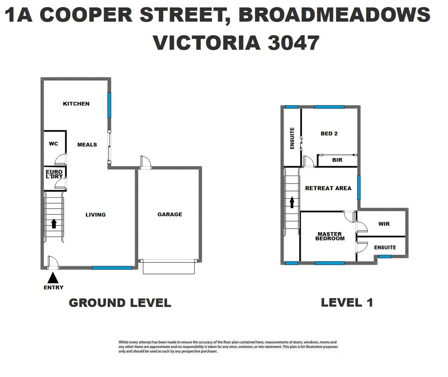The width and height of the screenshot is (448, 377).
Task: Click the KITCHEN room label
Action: pyautogui.click(x=76, y=104)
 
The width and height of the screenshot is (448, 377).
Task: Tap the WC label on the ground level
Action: pyautogui.click(x=53, y=143)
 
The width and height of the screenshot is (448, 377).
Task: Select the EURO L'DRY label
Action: pyautogui.click(x=54, y=174)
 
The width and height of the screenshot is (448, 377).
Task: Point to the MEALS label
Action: pyautogui.click(x=87, y=145)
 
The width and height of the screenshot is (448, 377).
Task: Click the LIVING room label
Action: pyautogui.click(x=96, y=215)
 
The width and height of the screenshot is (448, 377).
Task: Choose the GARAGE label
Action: pyautogui.click(x=170, y=214)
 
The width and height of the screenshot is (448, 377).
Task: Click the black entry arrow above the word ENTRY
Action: pyautogui.click(x=53, y=278)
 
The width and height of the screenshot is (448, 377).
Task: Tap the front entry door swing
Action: pyautogui.click(x=53, y=262)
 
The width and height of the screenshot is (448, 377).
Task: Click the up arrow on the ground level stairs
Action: pyautogui.click(x=54, y=223)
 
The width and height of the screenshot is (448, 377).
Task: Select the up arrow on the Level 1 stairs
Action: pyautogui.click(x=292, y=202)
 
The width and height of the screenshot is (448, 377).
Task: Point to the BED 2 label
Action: pyautogui.click(x=329, y=133)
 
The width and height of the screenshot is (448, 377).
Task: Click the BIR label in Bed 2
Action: pyautogui.click(x=337, y=160)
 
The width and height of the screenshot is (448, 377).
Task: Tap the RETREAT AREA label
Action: pyautogui.click(x=328, y=188)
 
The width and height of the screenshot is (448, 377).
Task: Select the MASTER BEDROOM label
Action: pyautogui.click(x=330, y=236)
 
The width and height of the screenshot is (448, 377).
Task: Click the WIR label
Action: pyautogui.click(x=384, y=224)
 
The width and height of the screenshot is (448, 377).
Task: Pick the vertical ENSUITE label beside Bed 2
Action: pyautogui.click(x=292, y=138)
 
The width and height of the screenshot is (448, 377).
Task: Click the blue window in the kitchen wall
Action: pyautogui.click(x=109, y=105)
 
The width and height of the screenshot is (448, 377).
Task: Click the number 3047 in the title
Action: pyautogui.click(x=293, y=43)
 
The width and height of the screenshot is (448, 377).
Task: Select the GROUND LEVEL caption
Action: pyautogui.click(x=120, y=303)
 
